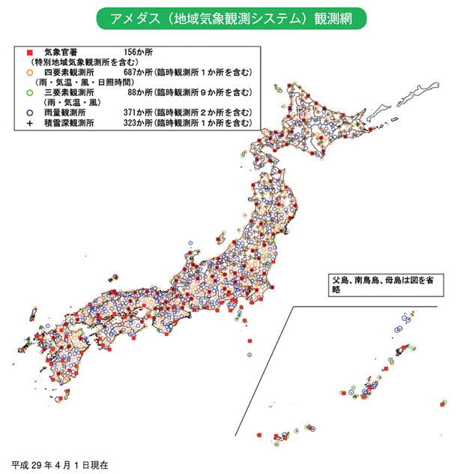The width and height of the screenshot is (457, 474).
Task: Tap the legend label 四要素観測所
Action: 69,73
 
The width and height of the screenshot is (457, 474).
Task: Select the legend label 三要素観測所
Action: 69,92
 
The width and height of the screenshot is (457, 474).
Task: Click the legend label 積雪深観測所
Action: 69,121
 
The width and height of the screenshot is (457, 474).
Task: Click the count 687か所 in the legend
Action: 137,73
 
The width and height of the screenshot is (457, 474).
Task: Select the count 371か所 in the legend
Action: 137,112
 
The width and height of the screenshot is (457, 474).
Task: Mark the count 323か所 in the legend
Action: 137,121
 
